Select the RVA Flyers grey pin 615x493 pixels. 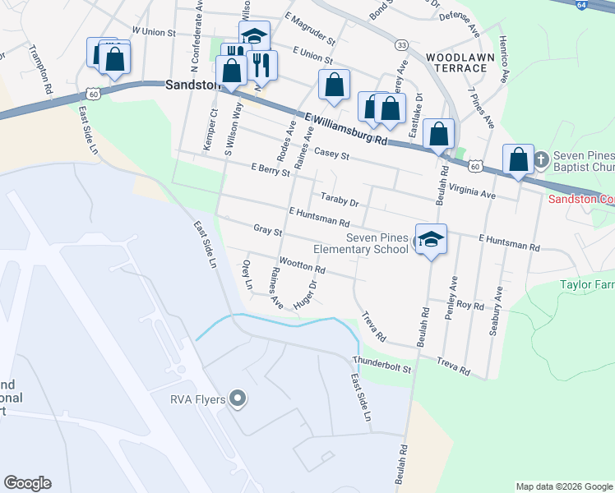238,399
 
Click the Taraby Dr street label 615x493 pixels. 340,201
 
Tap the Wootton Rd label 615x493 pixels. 303,265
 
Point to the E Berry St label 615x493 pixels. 271,170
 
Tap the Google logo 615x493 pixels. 27,483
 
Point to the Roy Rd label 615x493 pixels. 471,305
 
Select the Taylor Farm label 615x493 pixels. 587,285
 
